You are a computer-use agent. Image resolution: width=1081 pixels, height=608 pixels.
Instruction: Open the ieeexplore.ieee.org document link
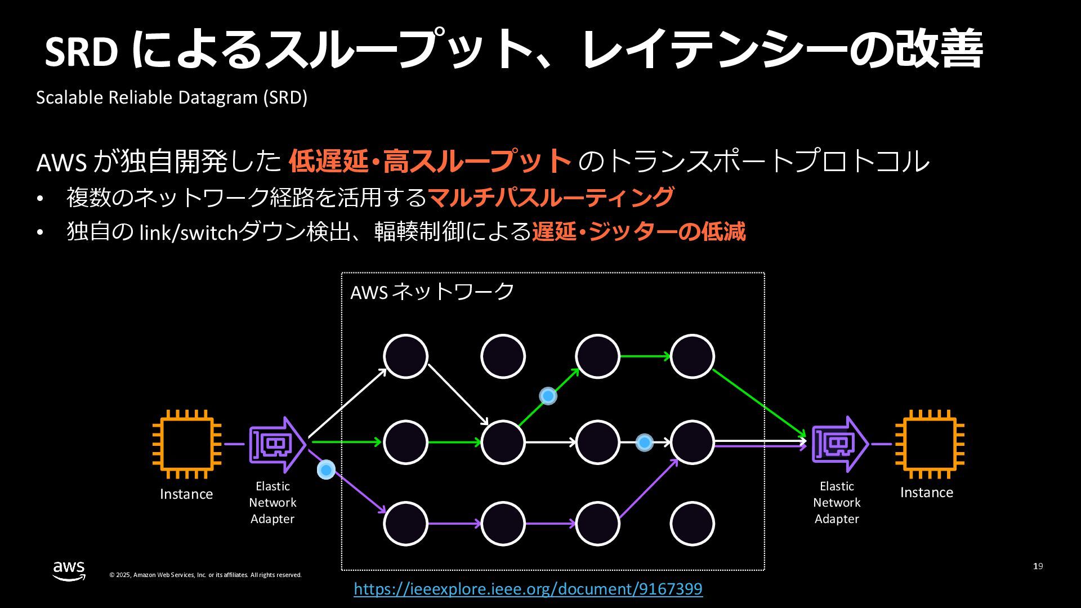click(528, 589)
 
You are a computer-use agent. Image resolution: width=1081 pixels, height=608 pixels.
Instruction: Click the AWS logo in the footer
click(69, 570)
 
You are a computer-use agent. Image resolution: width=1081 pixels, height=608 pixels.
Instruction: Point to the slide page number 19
click(1038, 566)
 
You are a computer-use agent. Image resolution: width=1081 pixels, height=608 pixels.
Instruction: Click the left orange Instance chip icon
click(186, 444)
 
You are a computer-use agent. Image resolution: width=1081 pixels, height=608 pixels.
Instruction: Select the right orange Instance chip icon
click(930, 444)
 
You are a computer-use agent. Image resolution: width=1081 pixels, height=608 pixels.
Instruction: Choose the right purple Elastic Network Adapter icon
click(839, 444)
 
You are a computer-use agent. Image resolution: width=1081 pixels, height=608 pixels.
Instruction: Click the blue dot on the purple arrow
click(326, 469)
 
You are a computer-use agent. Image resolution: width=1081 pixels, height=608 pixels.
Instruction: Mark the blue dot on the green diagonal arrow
click(548, 396)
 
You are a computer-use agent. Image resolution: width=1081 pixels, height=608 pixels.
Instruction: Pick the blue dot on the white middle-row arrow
click(644, 442)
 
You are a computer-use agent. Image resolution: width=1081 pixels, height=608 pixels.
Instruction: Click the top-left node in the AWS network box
click(405, 356)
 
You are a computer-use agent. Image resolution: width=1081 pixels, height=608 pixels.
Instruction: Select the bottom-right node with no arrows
click(692, 524)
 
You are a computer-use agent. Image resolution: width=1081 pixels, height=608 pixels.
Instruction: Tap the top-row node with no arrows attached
click(503, 356)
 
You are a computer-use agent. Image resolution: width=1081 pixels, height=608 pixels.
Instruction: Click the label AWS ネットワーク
click(432, 292)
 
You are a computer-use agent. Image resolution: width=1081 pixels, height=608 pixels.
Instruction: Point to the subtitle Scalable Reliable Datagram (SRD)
click(172, 97)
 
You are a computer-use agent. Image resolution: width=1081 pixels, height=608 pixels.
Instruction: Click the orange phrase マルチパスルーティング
click(551, 197)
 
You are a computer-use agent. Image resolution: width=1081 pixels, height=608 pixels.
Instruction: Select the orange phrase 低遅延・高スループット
click(430, 161)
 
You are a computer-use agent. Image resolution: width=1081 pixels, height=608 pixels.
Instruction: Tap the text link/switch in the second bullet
click(189, 232)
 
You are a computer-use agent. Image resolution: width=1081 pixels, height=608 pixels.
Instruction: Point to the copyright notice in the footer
click(206, 575)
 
